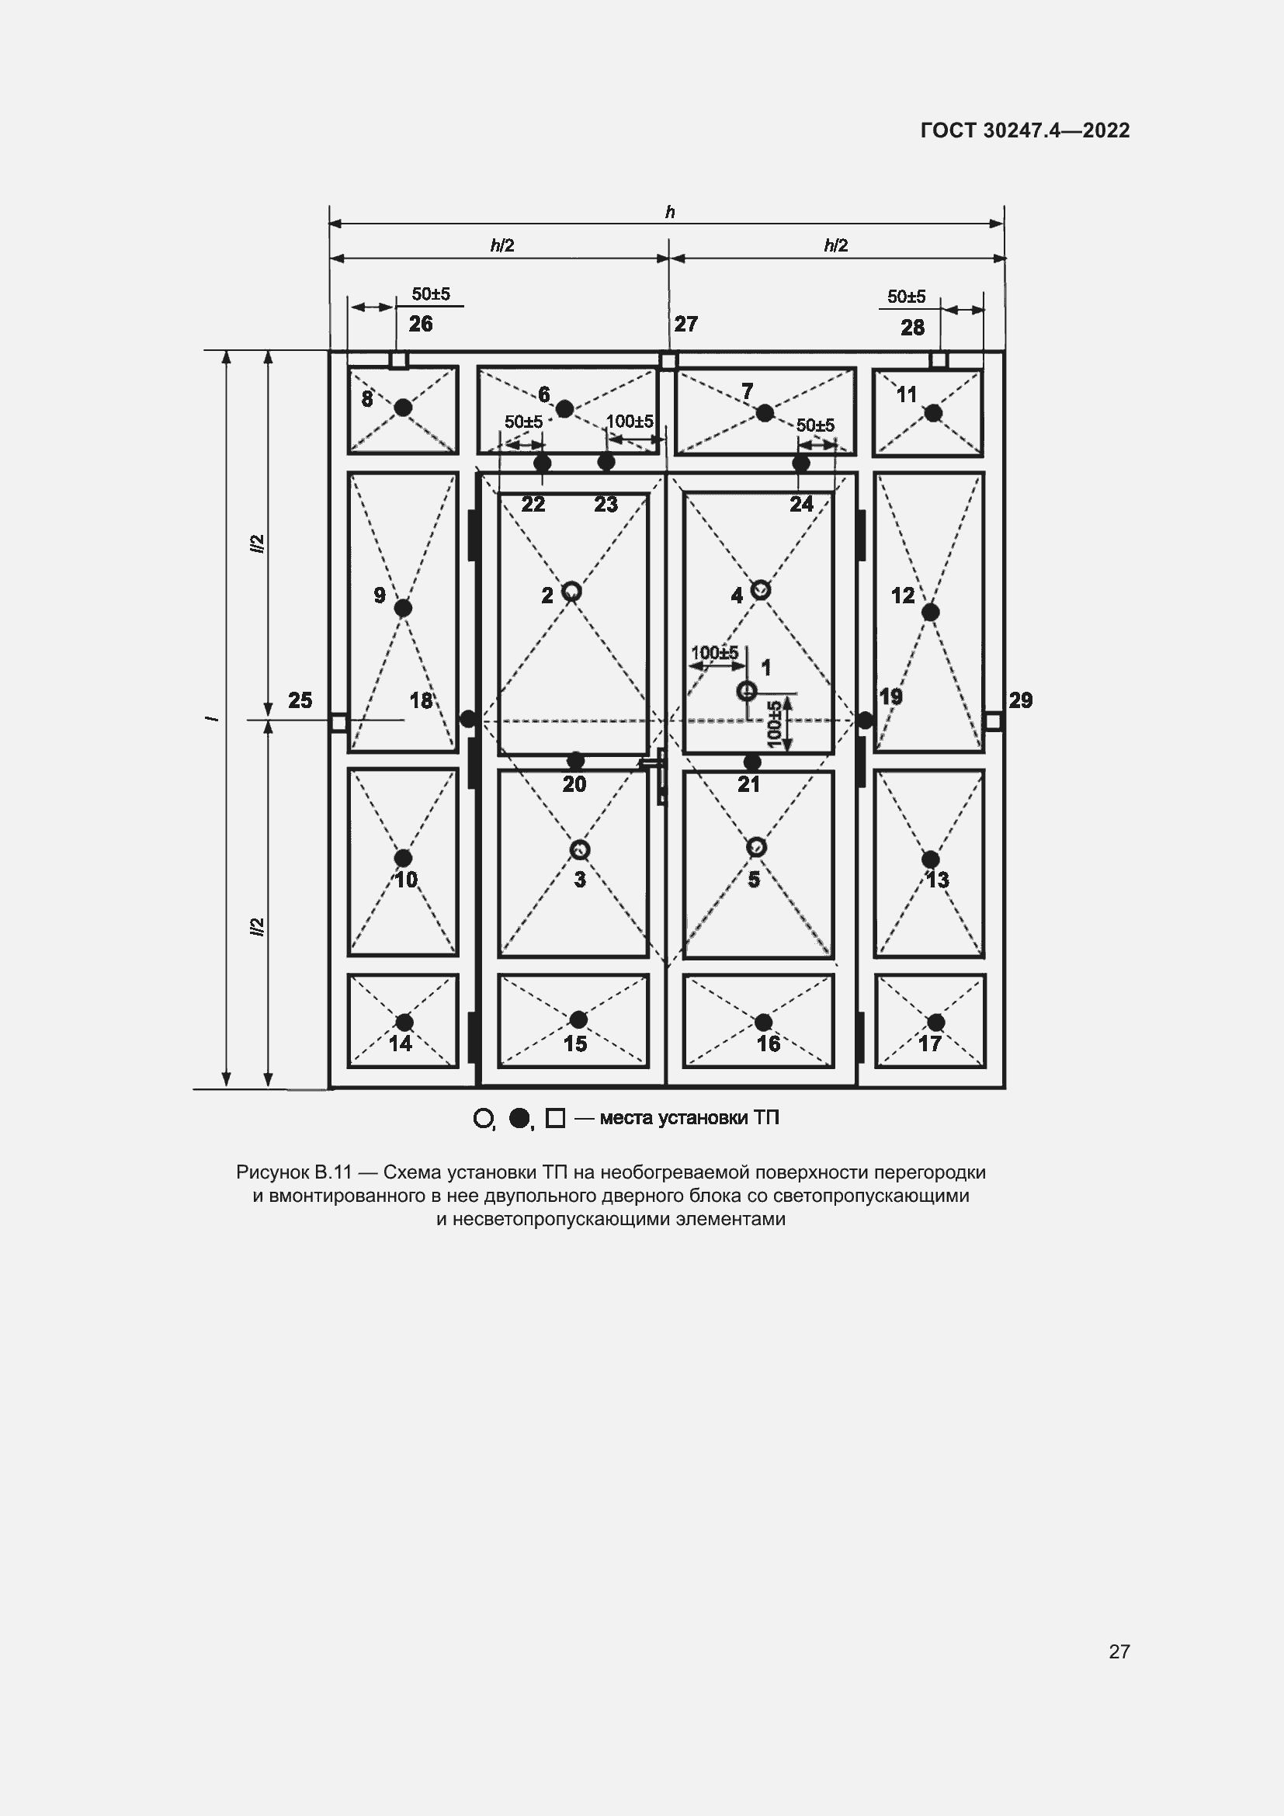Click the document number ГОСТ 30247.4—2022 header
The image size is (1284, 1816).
pyautogui.click(x=1025, y=130)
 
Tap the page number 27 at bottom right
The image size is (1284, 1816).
pyautogui.click(x=1119, y=1651)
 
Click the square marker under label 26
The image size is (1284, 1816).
pyautogui.click(x=398, y=361)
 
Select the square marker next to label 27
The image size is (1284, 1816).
pyautogui.click(x=668, y=361)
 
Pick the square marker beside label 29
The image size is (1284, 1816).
pyautogui.click(x=994, y=720)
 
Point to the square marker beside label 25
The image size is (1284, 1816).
pyautogui.click(x=338, y=722)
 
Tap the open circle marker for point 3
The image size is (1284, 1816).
pyautogui.click(x=580, y=849)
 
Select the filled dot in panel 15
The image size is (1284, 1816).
pyautogui.click(x=578, y=1019)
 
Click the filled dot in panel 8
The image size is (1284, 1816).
pyautogui.click(x=403, y=408)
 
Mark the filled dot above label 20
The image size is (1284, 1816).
pyautogui.click(x=575, y=761)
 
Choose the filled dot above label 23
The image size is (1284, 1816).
pyautogui.click(x=606, y=462)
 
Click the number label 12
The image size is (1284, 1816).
pyautogui.click(x=902, y=595)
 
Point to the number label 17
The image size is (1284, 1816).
pyautogui.click(x=929, y=1044)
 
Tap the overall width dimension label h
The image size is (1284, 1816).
pyautogui.click(x=670, y=212)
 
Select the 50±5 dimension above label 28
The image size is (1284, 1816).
pyautogui.click(x=906, y=297)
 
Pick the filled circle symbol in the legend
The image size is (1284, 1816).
pyautogui.click(x=519, y=1117)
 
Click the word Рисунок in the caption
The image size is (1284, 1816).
pyautogui.click(x=272, y=1172)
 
